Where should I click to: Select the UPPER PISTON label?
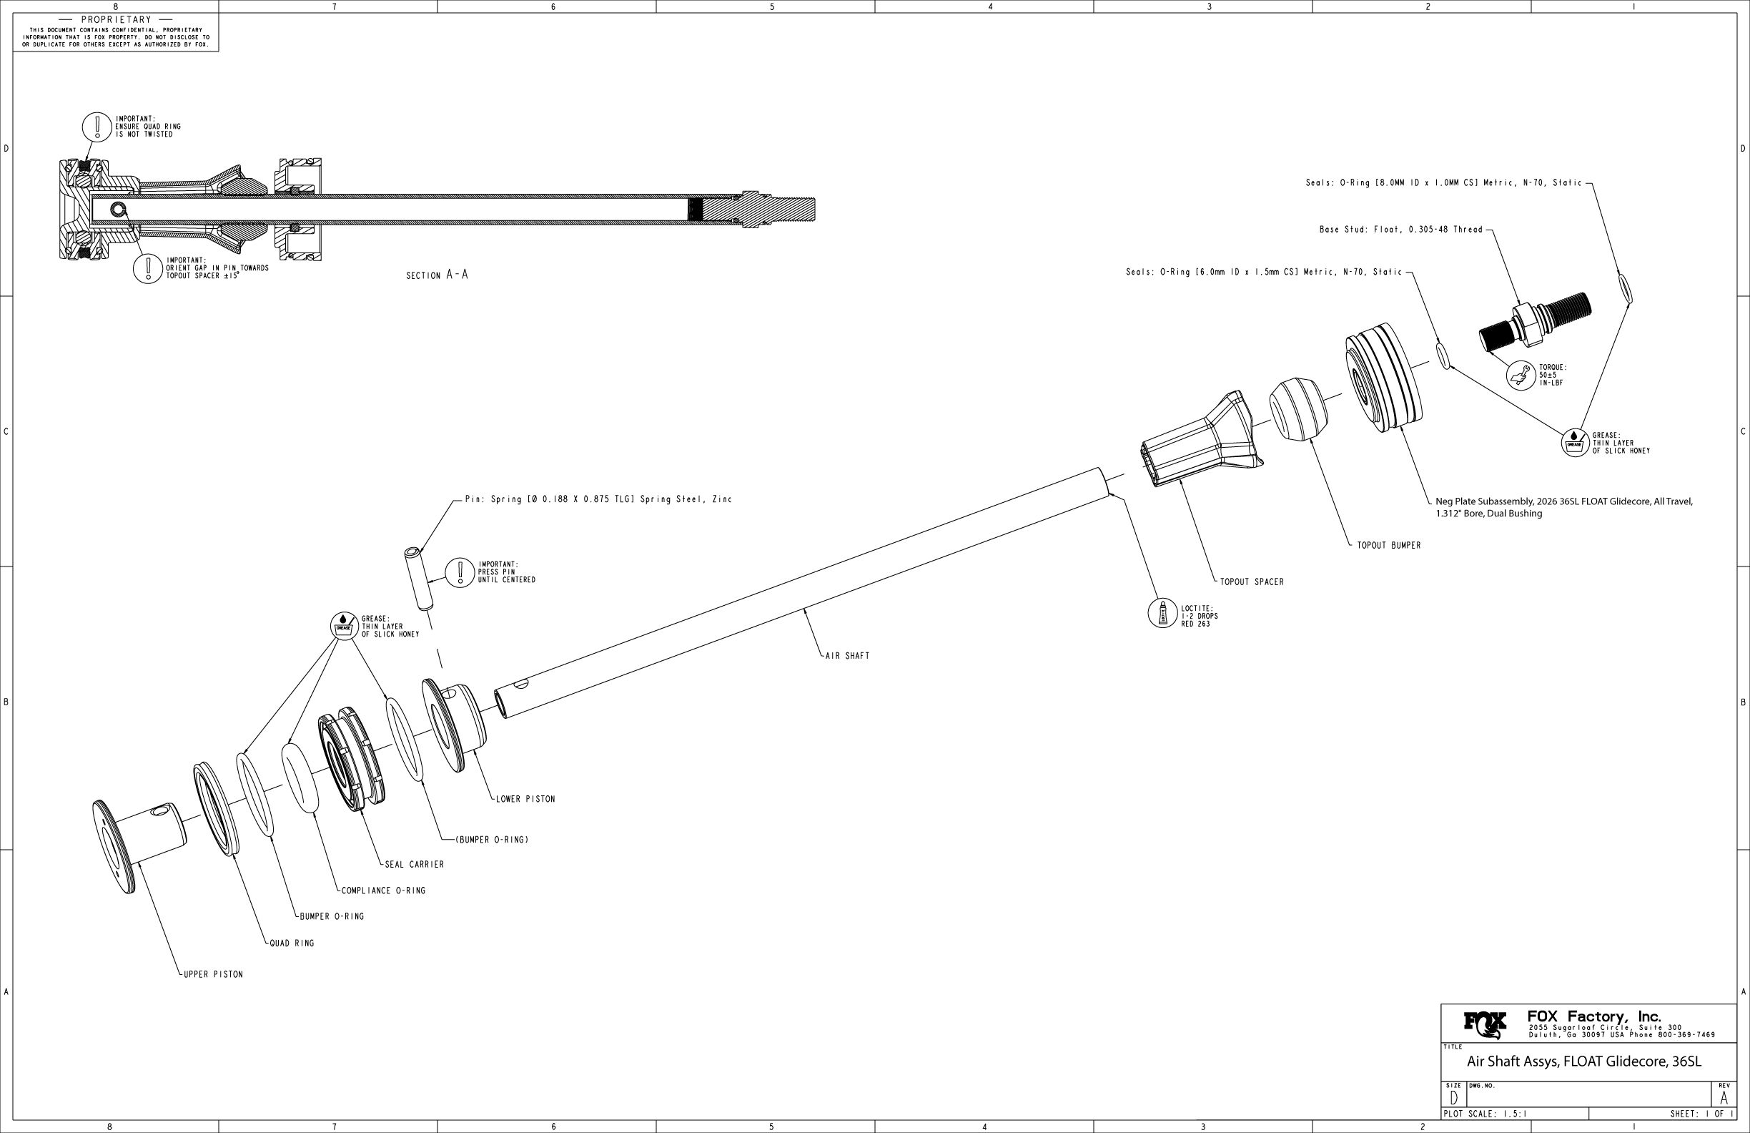[x=213, y=974]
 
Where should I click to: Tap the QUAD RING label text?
[x=292, y=943]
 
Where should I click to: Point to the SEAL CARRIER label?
[x=415, y=865]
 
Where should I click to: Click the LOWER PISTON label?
[x=525, y=799]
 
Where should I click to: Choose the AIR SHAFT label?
[x=847, y=655]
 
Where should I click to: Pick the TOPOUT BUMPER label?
[x=1389, y=545]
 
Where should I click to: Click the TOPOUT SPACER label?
[x=1252, y=582]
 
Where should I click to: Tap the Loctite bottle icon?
[x=1163, y=613]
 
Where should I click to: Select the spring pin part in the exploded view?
[x=416, y=578]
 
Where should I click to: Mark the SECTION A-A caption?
[x=437, y=275]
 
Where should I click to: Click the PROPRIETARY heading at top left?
[x=117, y=20]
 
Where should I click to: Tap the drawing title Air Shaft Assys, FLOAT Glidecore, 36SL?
[x=1584, y=1061]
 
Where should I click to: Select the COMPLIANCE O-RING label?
[x=383, y=891]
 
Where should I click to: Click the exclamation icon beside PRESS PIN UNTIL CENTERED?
[x=460, y=572]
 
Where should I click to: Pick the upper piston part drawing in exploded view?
[x=139, y=840]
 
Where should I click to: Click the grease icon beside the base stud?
[x=1574, y=443]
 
